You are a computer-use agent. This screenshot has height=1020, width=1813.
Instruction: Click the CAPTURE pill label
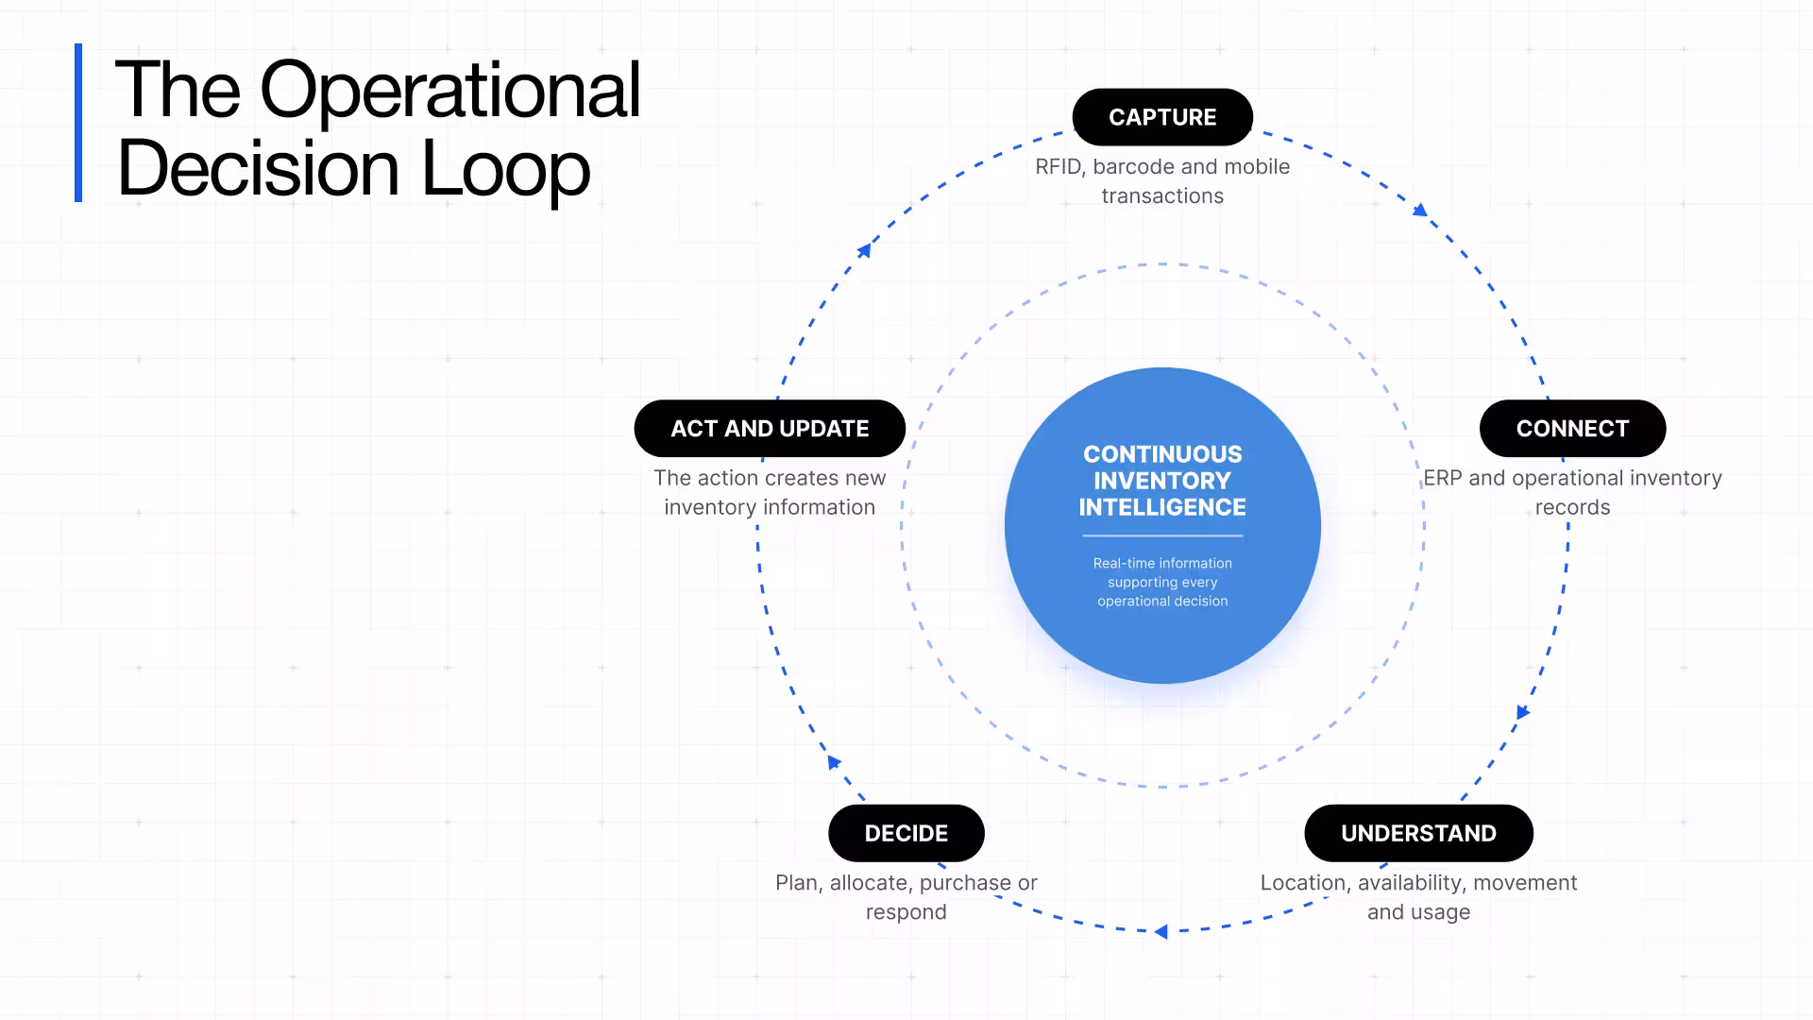coord(1162,117)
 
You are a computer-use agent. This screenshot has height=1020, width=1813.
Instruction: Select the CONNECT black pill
coord(1572,429)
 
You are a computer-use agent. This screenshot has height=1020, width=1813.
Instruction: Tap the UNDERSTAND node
coord(1418,833)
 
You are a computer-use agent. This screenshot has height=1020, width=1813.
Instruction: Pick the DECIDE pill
coord(906,833)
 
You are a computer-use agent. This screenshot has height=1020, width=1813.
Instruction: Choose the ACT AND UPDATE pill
coord(770,429)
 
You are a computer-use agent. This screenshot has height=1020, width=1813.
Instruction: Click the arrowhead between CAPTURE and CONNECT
coord(1419,210)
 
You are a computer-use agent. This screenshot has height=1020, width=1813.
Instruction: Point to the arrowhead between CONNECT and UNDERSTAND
coord(1522,712)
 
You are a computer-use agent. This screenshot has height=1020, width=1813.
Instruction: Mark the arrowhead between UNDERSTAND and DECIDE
coord(1161,932)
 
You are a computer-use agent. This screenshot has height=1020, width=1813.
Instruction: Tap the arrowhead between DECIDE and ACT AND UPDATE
coord(834,761)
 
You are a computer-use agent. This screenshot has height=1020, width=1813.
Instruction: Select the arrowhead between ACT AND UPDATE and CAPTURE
coord(864,250)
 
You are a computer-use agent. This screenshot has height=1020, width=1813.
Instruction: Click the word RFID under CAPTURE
coord(1059,167)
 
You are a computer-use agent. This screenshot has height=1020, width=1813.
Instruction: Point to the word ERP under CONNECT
coord(1443,478)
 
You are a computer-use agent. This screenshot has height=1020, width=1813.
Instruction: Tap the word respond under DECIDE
coord(906,913)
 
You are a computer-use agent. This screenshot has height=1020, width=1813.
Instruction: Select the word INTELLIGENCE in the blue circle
coord(1162,507)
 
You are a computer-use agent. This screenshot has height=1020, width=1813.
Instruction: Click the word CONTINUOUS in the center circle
coord(1162,454)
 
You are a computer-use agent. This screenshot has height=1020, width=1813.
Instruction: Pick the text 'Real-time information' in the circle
coord(1162,563)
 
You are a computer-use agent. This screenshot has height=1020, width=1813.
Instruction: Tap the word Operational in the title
coord(450,90)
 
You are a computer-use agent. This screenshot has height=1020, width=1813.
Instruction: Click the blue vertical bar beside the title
coord(78,123)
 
